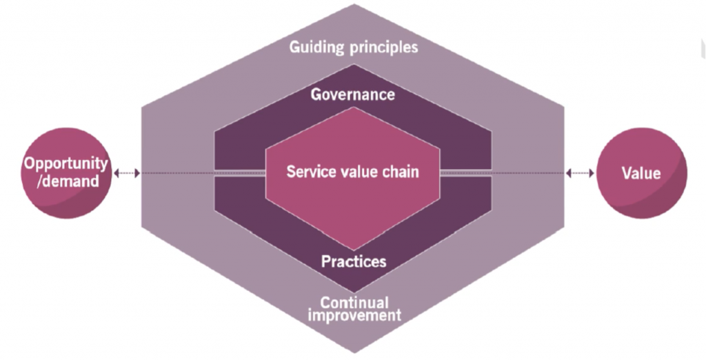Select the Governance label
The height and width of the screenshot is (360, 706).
[x=352, y=94]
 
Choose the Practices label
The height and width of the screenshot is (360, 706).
[x=354, y=261]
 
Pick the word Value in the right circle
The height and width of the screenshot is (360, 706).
[x=641, y=173]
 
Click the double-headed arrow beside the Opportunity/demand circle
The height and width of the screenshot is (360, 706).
[x=127, y=173]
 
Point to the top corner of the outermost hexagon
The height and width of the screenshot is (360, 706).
[x=354, y=5]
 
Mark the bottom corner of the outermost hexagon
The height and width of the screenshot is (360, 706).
[x=354, y=353]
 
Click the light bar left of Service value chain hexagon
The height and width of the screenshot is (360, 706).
[x=240, y=173]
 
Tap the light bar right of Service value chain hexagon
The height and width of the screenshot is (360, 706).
[x=465, y=173]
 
